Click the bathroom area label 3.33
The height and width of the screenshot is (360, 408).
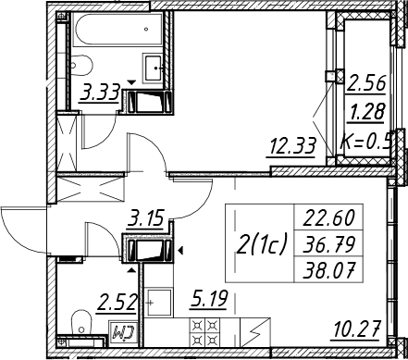pos(100,93)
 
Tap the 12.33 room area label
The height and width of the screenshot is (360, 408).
pos(292,146)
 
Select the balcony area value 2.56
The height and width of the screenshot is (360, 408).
pos(366,83)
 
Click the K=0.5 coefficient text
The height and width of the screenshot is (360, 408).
pos(366,141)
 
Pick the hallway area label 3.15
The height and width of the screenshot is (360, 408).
pos(146,217)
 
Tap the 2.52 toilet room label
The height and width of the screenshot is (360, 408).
pos(117,303)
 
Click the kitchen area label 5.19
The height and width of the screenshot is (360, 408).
pos(209,299)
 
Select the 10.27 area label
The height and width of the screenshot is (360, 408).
pos(356,329)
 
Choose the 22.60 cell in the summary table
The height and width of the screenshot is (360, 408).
pos(328,217)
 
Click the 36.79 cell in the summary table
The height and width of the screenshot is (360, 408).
pos(328,243)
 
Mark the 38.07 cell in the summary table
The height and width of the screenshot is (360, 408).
pos(328,269)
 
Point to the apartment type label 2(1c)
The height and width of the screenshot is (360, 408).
pos(261,243)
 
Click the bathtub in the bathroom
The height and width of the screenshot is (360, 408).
pos(117,30)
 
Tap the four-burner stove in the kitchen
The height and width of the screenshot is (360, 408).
pos(204,332)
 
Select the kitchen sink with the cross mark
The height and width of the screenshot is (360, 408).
pos(159,303)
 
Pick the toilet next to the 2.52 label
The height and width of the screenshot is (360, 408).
pos(81,323)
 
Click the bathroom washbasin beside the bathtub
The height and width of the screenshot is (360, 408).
pos(153,68)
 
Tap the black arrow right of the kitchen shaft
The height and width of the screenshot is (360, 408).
pos(180,251)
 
